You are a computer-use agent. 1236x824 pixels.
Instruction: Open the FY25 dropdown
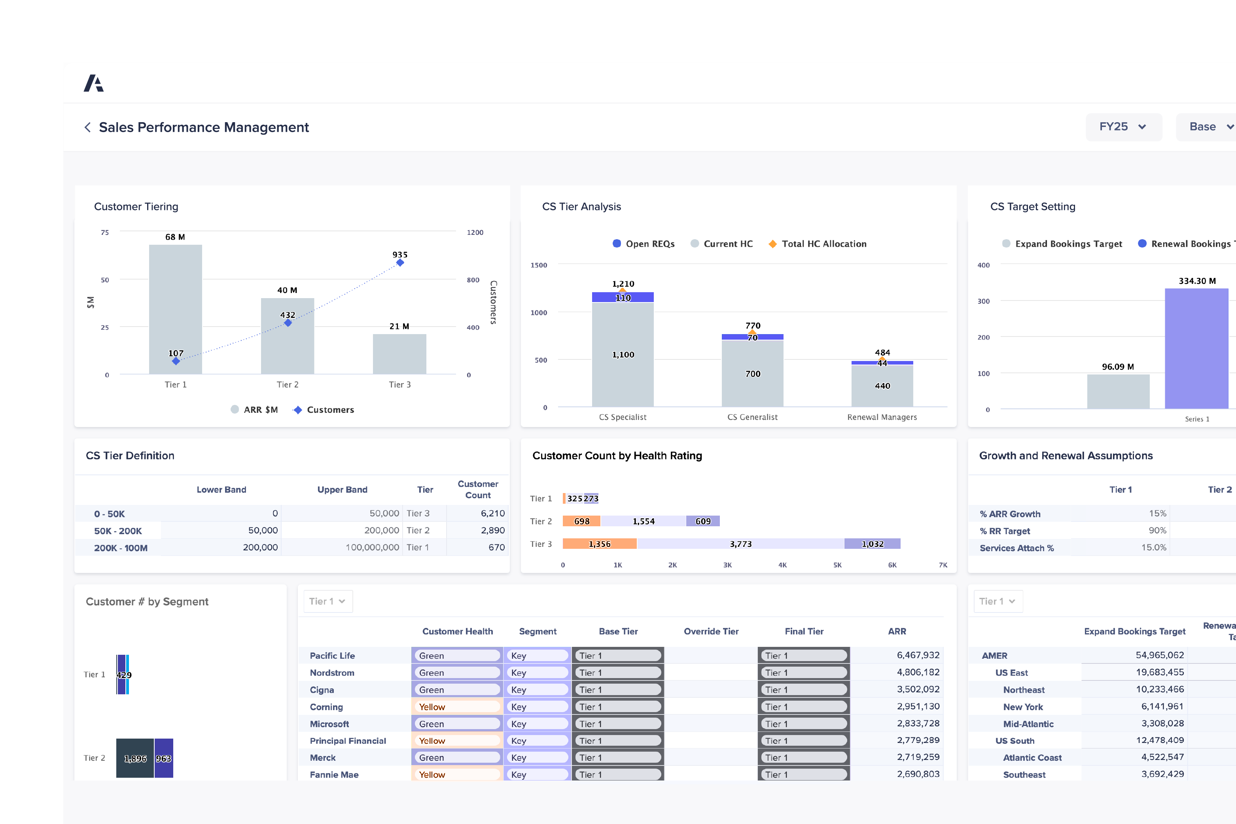coord(1123,127)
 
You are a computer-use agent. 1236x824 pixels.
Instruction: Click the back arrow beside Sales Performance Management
coord(88,127)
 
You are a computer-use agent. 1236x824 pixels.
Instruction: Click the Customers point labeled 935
coord(400,262)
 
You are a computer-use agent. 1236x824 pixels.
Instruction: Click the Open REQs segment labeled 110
coord(623,297)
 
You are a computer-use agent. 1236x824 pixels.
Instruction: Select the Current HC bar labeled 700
coord(752,374)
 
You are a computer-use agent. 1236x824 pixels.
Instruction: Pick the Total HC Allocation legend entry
coord(818,244)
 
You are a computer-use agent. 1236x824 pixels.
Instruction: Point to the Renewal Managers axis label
coord(882,417)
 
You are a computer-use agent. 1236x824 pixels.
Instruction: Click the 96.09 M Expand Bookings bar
coord(1118,391)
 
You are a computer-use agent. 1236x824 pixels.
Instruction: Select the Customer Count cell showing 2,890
coord(492,530)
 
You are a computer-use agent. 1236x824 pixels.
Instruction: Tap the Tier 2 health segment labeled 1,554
coord(644,521)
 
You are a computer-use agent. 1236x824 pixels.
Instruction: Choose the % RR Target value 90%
coord(1157,530)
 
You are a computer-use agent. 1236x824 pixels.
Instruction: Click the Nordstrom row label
coord(332,673)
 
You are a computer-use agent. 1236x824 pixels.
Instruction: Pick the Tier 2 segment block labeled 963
coord(163,758)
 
